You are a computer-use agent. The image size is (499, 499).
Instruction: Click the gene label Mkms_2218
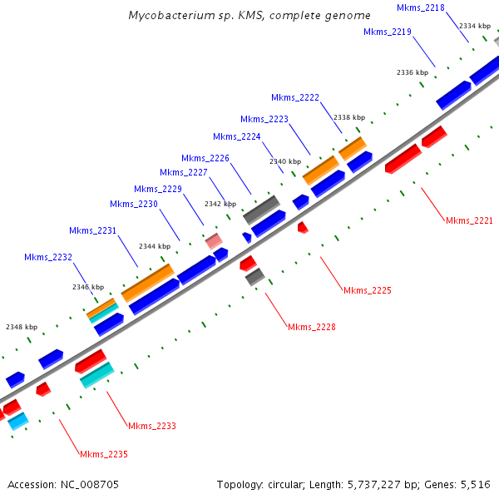[421, 7]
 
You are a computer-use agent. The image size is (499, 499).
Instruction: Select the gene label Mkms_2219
[388, 32]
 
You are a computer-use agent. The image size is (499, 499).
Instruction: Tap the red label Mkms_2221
[469, 220]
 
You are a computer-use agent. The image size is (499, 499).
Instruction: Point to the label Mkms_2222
[295, 97]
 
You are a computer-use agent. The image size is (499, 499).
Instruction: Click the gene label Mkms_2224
[237, 136]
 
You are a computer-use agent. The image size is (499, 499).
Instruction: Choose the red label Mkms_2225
[367, 290]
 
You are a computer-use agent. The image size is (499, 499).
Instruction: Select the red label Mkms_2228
[312, 327]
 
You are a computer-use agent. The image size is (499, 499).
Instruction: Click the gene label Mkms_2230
[133, 204]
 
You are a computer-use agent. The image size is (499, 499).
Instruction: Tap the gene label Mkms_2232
[48, 258]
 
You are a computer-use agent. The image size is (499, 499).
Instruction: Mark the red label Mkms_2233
[152, 426]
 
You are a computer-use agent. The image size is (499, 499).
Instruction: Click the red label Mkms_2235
[104, 454]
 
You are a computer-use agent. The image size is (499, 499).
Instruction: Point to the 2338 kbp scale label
[349, 118]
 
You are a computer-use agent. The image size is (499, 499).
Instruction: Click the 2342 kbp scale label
[220, 204]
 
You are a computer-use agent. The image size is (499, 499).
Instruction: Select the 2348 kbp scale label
[22, 327]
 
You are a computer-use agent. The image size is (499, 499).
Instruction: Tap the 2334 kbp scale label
[474, 26]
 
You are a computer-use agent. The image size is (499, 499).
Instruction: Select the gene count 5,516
[475, 484]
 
